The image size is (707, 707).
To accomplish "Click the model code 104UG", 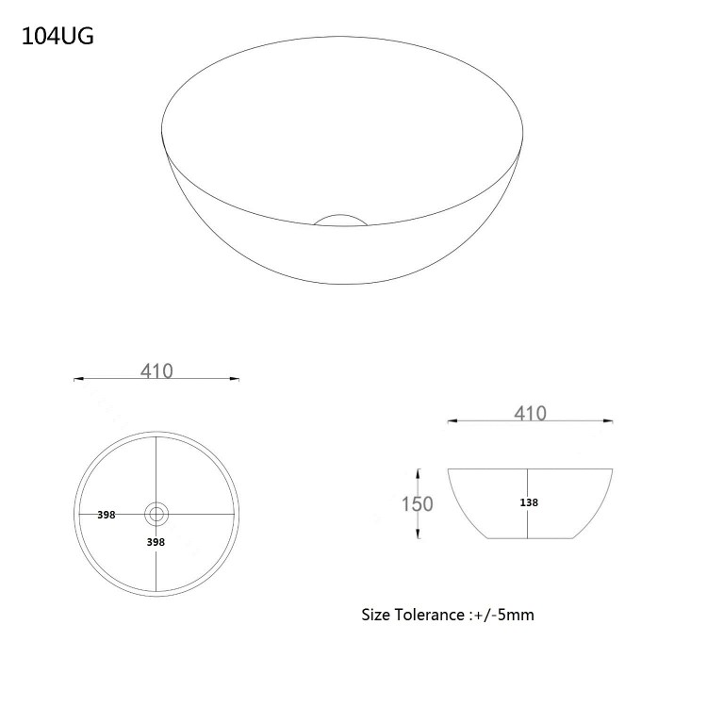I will click(56, 38).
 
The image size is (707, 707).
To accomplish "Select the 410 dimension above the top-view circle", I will click(157, 370).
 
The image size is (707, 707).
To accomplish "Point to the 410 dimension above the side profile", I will click(531, 412).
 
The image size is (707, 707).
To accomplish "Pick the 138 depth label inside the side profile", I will click(529, 502).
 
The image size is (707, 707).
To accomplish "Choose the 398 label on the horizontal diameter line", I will click(106, 515).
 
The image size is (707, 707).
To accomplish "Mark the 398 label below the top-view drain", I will click(156, 542).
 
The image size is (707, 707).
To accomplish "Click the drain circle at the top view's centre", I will click(156, 515).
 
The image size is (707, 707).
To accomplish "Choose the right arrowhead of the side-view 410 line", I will click(614, 422).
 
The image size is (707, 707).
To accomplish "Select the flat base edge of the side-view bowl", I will click(532, 538).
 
